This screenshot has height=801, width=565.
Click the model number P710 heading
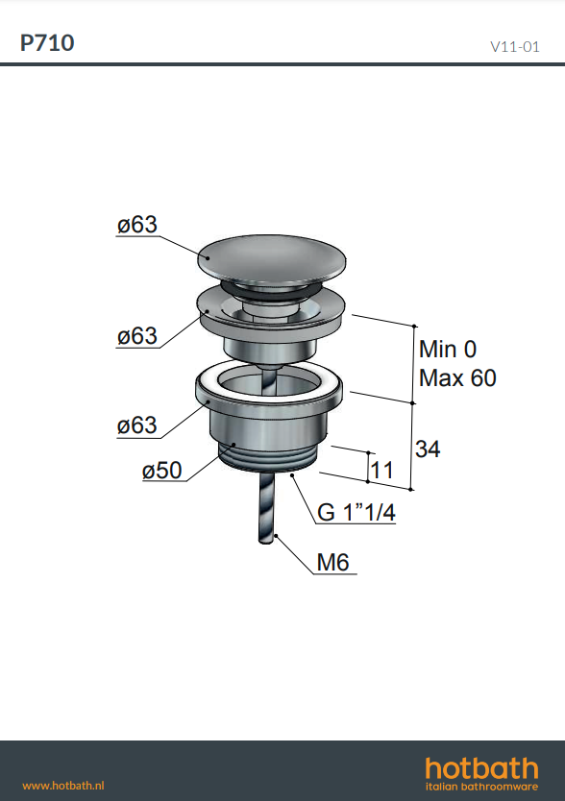pos(47,43)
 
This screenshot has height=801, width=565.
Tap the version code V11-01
pos(514,47)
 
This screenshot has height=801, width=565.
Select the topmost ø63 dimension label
pos(137,224)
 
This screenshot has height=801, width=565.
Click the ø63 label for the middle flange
pos(137,336)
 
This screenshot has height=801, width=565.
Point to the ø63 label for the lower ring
pos(137,425)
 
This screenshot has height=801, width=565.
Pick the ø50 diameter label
pos(161,470)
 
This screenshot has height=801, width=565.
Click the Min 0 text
pos(448,350)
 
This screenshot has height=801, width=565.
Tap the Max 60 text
pos(457,378)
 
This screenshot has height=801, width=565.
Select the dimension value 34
pos(428,449)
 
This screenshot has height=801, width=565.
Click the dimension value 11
pos(381,470)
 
